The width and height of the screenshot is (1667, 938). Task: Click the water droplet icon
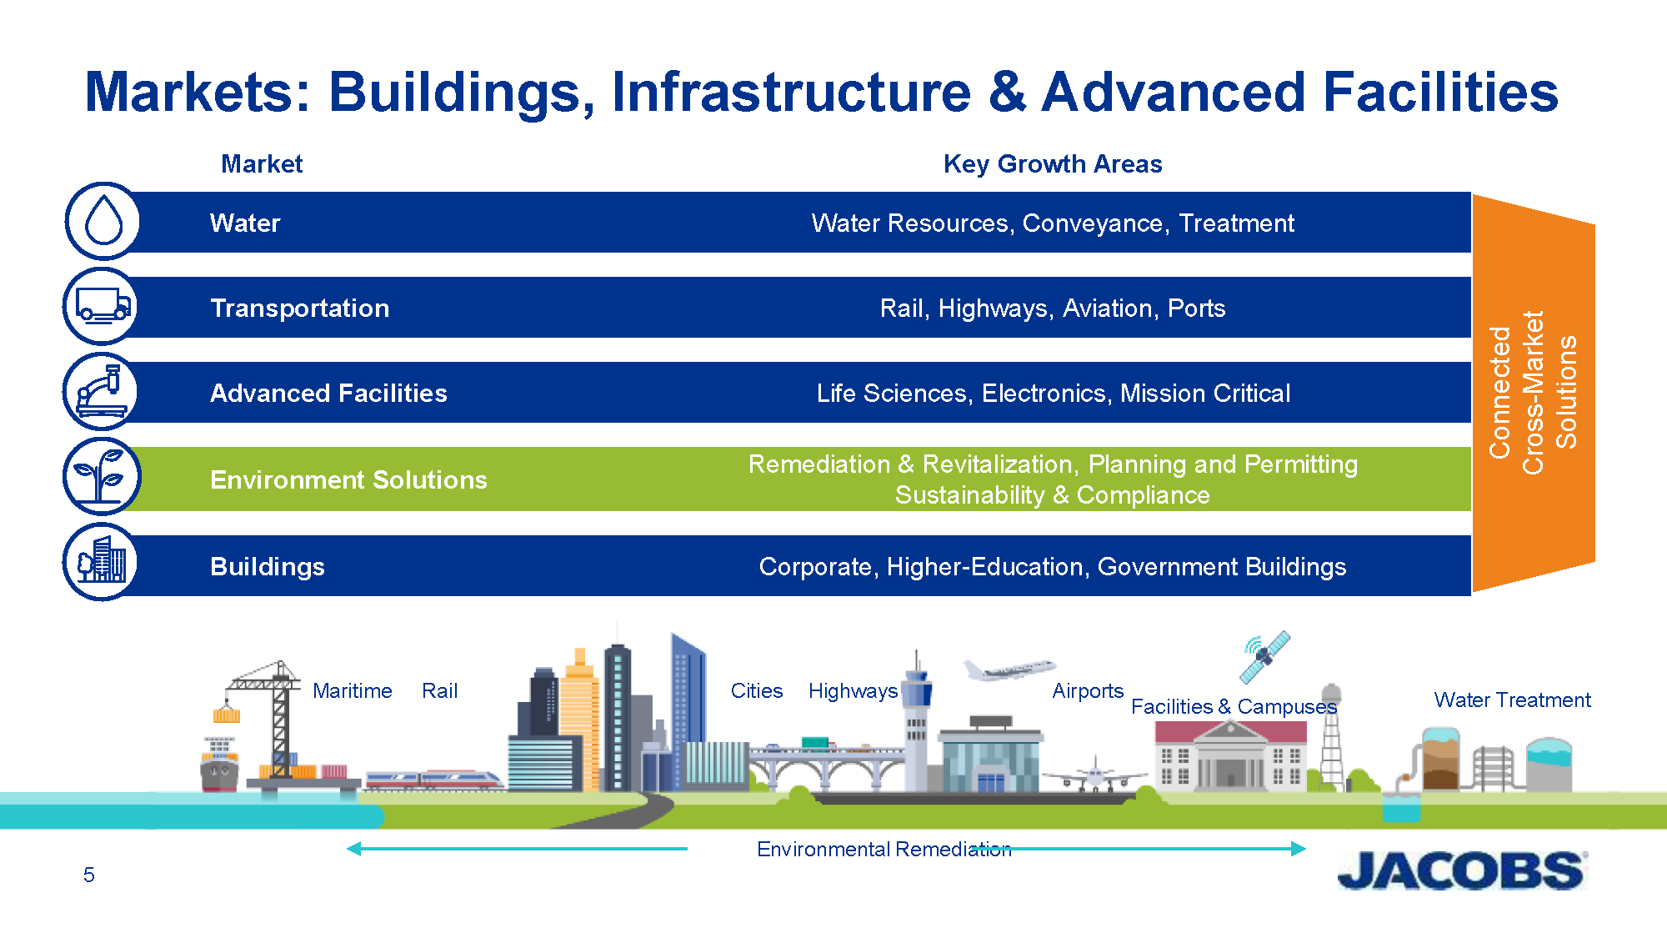pyautogui.click(x=103, y=221)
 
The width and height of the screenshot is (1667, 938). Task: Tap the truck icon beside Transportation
pyautogui.click(x=103, y=306)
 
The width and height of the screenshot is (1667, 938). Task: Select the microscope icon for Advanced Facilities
pyautogui.click(x=103, y=391)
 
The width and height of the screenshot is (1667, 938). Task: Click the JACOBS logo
pyautogui.click(x=1462, y=870)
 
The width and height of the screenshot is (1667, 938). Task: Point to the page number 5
pyautogui.click(x=89, y=875)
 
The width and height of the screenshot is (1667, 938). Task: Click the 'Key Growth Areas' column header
pyautogui.click(x=1053, y=164)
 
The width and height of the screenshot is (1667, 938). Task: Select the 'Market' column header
pyautogui.click(x=262, y=164)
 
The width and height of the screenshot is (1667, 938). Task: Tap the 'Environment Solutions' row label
pyautogui.click(x=348, y=480)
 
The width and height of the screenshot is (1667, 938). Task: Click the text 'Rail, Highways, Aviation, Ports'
pyautogui.click(x=1053, y=308)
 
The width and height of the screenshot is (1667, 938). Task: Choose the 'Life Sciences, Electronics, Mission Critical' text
pyautogui.click(x=1054, y=394)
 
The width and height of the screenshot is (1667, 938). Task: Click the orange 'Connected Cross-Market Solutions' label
pyautogui.click(x=1534, y=393)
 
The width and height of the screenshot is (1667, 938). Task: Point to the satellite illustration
pyautogui.click(x=1265, y=657)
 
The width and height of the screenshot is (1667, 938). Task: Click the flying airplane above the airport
pyautogui.click(x=1009, y=670)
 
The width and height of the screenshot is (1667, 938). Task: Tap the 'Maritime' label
pyautogui.click(x=352, y=691)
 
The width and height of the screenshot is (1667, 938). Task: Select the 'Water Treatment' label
pyautogui.click(x=1512, y=700)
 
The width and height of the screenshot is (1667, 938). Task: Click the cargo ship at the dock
pyautogui.click(x=219, y=763)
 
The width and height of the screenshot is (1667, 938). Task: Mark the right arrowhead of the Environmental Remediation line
pyautogui.click(x=1299, y=849)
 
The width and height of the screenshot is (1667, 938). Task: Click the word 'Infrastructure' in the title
pyautogui.click(x=791, y=92)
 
